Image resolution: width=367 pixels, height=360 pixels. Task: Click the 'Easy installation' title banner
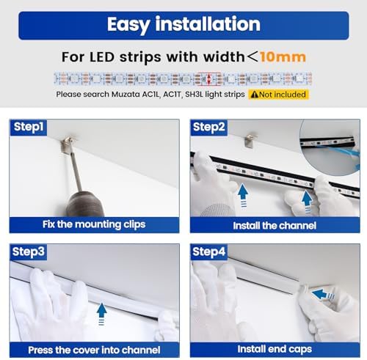(x=183, y=23)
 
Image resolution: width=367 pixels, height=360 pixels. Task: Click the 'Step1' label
(x=30, y=128)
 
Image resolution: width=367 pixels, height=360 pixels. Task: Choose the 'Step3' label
(x=30, y=252)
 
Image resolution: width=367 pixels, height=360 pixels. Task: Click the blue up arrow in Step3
(x=101, y=313)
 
